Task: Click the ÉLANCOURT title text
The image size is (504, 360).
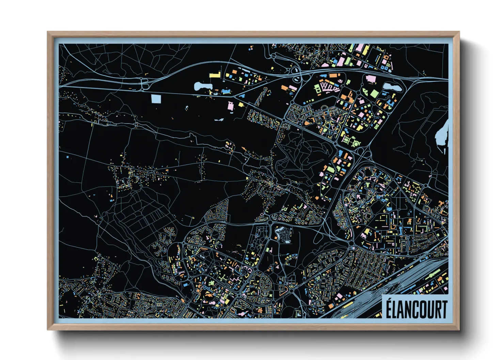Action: [x=416, y=309]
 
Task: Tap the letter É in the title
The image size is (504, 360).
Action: [x=389, y=309]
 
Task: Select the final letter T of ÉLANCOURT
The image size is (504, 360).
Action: [x=443, y=309]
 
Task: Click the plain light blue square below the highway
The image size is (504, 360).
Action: [x=156, y=99]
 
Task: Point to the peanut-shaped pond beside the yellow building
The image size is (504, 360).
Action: [x=202, y=86]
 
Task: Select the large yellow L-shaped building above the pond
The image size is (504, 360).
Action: [x=215, y=75]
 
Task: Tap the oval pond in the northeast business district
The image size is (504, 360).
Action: [x=392, y=87]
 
